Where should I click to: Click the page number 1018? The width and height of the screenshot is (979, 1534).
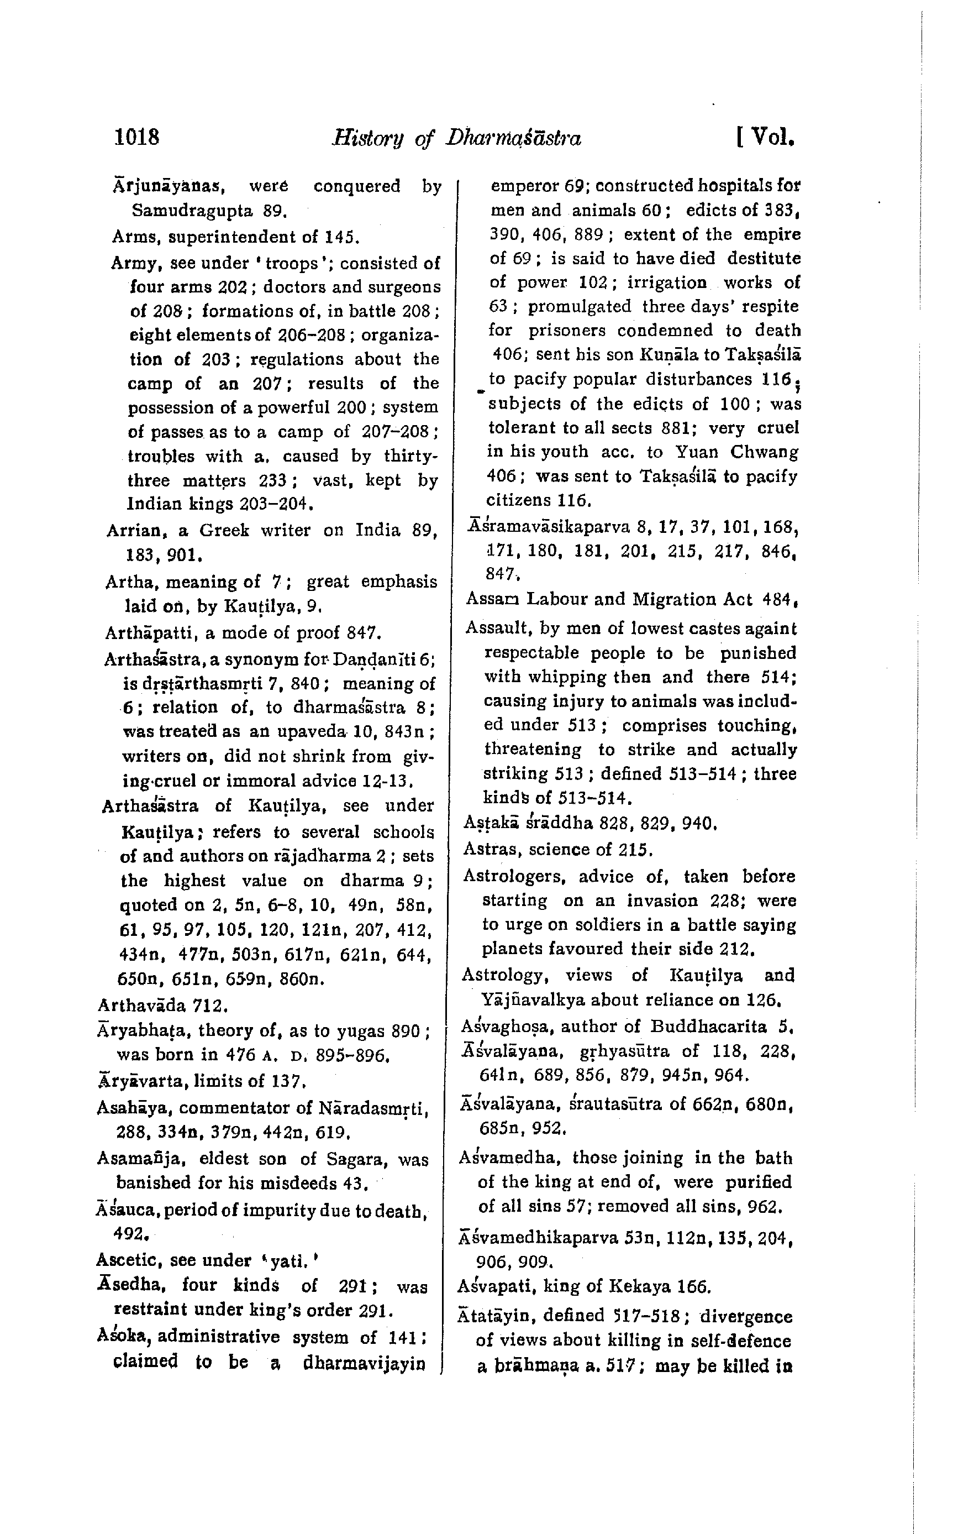137,137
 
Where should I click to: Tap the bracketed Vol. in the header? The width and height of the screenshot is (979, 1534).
766,137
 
